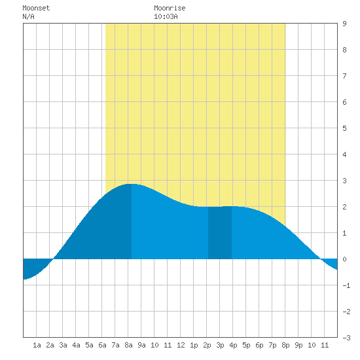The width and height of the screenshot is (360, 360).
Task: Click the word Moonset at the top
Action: (x=36, y=8)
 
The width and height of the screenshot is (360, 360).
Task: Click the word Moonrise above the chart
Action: (x=170, y=8)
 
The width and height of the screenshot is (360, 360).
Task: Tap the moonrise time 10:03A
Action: (x=166, y=16)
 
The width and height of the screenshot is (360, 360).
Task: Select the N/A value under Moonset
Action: (x=28, y=16)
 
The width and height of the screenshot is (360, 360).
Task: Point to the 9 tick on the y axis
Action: (x=344, y=24)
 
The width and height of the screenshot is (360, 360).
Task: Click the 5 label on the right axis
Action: (x=344, y=128)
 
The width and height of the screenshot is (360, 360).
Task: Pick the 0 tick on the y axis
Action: (x=344, y=259)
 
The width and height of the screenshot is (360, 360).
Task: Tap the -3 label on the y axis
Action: (x=346, y=338)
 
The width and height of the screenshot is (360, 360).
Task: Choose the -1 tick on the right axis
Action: (x=346, y=285)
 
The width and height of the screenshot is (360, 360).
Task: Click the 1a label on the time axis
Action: (x=37, y=345)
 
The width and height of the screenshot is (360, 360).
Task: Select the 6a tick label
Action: (x=102, y=345)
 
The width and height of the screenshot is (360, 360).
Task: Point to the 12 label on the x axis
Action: (x=181, y=345)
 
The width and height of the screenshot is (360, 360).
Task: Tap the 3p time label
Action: (x=220, y=345)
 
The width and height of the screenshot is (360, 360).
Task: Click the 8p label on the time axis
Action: (x=285, y=345)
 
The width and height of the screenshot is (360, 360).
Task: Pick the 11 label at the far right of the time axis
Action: (x=325, y=345)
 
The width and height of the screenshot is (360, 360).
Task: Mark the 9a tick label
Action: (x=141, y=345)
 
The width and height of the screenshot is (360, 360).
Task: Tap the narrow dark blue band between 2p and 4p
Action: (x=220, y=232)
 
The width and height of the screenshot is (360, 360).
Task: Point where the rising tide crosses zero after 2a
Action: (x=54, y=259)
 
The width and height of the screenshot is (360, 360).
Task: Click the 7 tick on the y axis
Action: (x=344, y=76)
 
